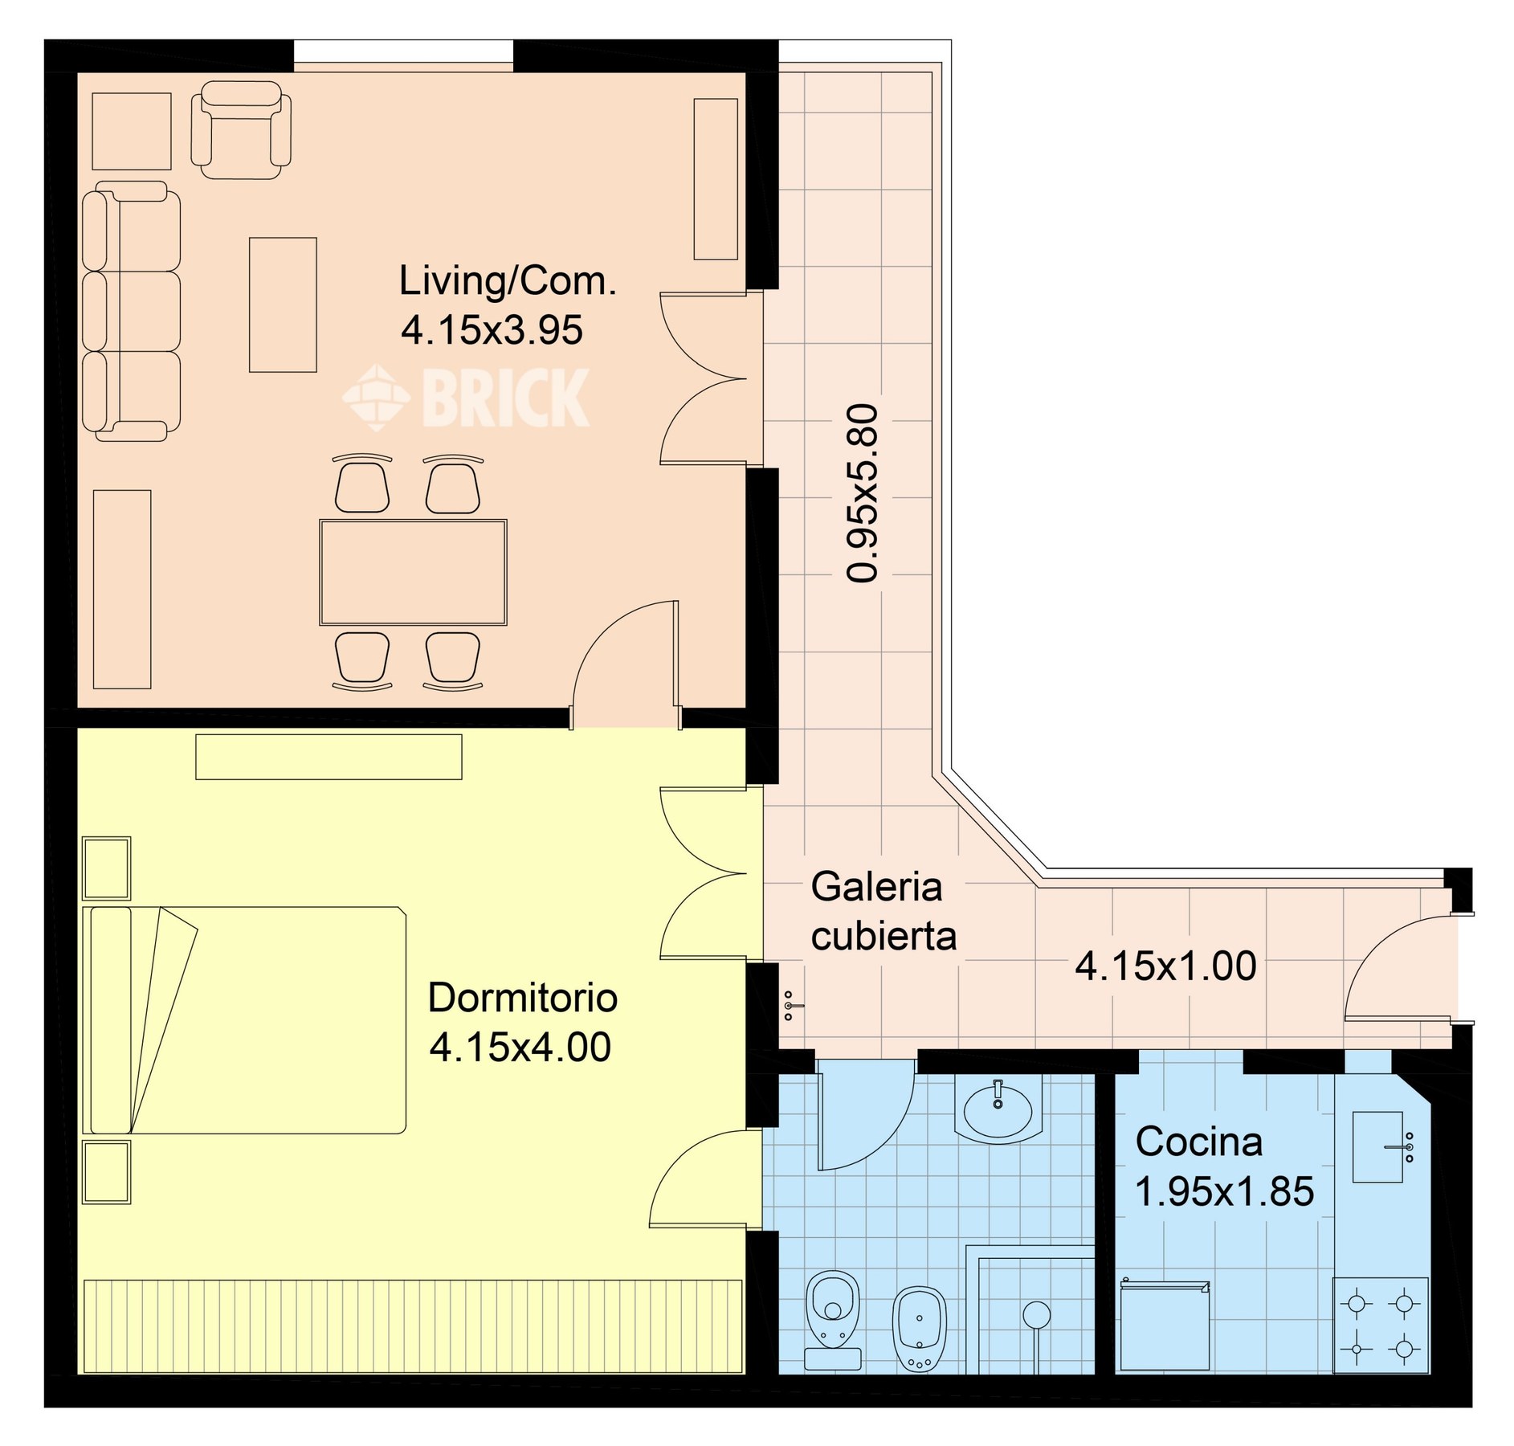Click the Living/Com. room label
pyautogui.click(x=508, y=281)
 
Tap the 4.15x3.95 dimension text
pyautogui.click(x=492, y=330)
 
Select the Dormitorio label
pyautogui.click(x=522, y=998)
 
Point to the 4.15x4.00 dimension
pyautogui.click(x=520, y=1047)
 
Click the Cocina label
pyautogui.click(x=1199, y=1142)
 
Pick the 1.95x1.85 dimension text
pyautogui.click(x=1224, y=1191)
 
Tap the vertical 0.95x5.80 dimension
pyautogui.click(x=863, y=492)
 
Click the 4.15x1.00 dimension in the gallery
pyautogui.click(x=1165, y=966)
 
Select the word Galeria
pyautogui.click(x=876, y=887)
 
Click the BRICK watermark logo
pyautogui.click(x=466, y=397)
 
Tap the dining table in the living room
pyautogui.click(x=413, y=572)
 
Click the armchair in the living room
pyautogui.click(x=241, y=129)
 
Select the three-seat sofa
pyautogui.click(x=132, y=311)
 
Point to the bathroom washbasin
pyautogui.click(x=998, y=1110)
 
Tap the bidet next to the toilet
pyautogui.click(x=920, y=1329)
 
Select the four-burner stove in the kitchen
pyautogui.click(x=1381, y=1325)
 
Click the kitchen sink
pyautogui.click(x=1378, y=1147)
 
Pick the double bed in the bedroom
pyautogui.click(x=245, y=1020)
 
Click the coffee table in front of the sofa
pyautogui.click(x=283, y=304)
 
